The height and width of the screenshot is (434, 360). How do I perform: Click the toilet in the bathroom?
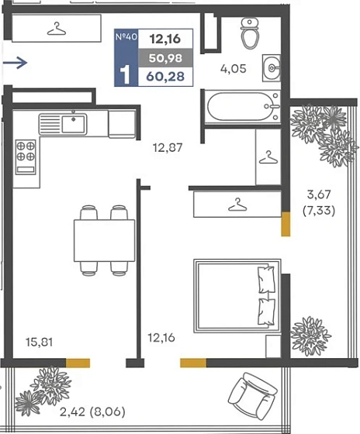click(x=250, y=33)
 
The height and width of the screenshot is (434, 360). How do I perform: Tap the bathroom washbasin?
click(x=272, y=68)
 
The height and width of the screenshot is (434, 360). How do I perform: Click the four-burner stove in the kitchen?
click(x=26, y=157)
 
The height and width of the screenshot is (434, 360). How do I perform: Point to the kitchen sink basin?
click(x=73, y=125)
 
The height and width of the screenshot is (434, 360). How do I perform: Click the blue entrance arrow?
click(x=15, y=62)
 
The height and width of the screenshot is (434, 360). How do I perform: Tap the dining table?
click(x=104, y=240)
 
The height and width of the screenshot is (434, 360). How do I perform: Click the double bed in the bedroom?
click(x=237, y=295)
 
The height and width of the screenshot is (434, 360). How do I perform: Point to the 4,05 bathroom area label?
click(x=233, y=69)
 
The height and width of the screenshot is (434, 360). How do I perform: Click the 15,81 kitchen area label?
click(x=39, y=342)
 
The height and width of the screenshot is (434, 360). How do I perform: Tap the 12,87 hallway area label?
click(x=168, y=147)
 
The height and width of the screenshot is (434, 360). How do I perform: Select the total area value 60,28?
click(x=165, y=77)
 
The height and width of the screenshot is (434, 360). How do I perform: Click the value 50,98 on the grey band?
click(x=165, y=58)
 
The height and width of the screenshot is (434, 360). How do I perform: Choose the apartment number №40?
click(x=126, y=37)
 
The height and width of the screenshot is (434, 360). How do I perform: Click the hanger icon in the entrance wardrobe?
click(x=57, y=29)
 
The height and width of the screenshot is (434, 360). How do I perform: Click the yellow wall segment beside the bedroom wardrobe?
click(x=286, y=224)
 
